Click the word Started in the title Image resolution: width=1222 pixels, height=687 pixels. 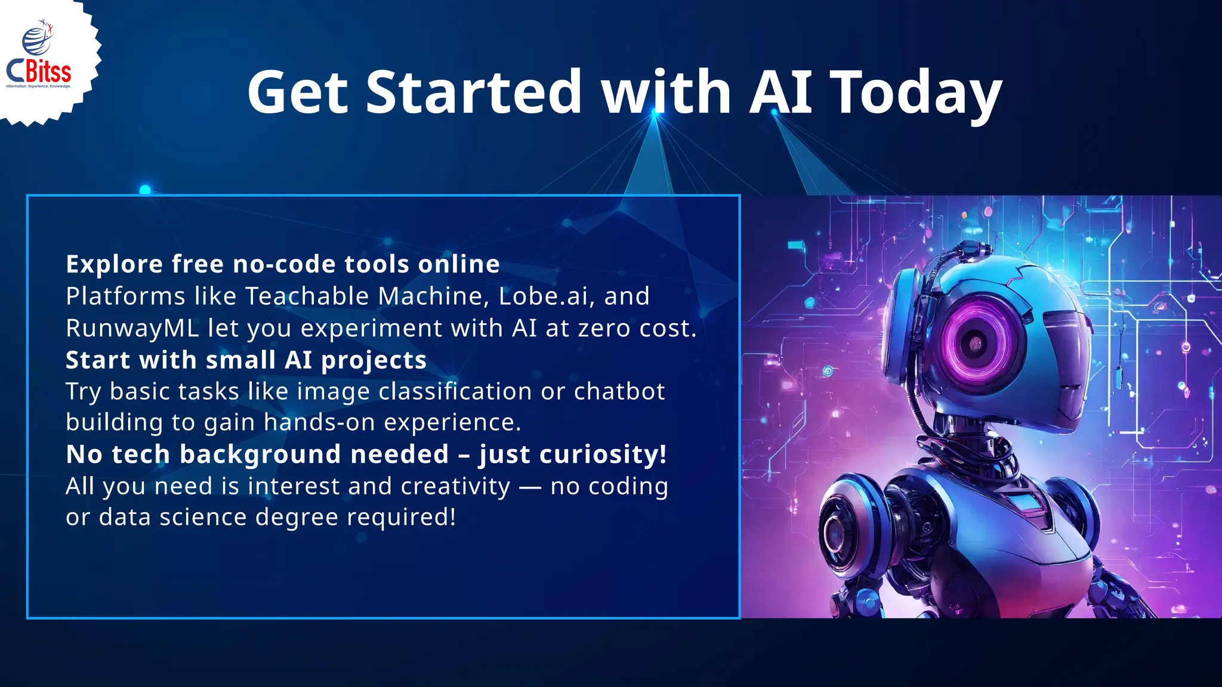(x=473, y=92)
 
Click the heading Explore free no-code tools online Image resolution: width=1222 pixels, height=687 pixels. (x=283, y=264)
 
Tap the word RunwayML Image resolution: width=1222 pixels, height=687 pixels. (x=132, y=328)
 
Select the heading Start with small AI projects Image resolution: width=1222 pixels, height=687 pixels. (x=246, y=360)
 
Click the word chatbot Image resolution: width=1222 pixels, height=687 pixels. (x=619, y=392)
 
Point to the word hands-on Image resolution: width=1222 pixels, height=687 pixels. (x=319, y=422)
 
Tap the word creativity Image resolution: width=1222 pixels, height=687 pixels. (x=455, y=486)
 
